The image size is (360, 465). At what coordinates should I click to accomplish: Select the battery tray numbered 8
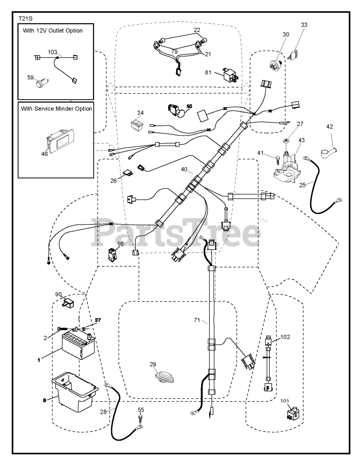click(x=75, y=387)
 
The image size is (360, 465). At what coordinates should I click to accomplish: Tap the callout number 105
click(x=285, y=401)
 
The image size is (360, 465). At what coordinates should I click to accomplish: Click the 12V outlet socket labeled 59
click(x=39, y=85)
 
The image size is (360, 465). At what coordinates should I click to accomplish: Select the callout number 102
click(x=285, y=336)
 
